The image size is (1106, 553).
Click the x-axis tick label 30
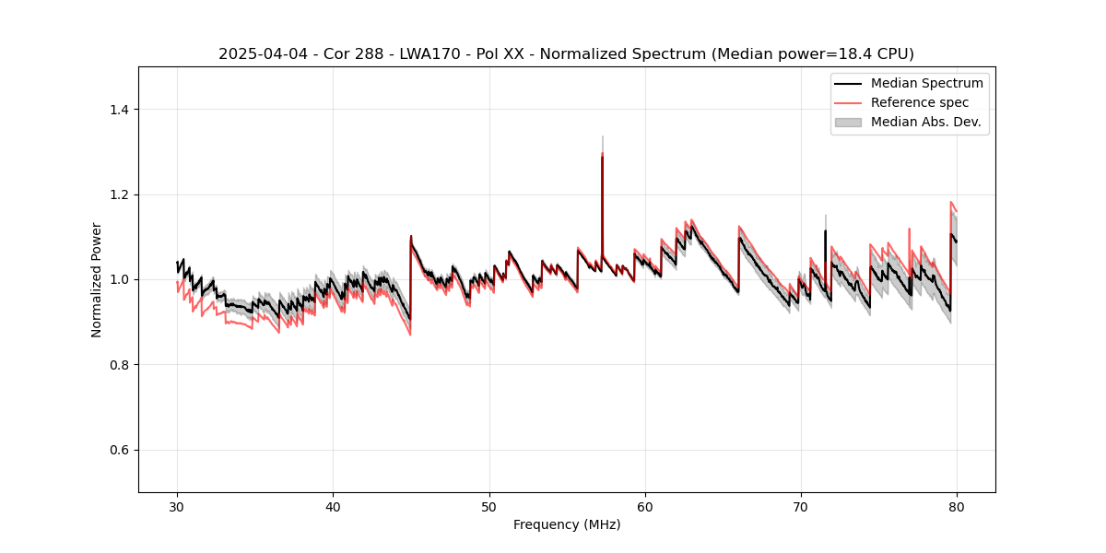click(x=177, y=507)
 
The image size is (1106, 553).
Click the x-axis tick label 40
click(x=333, y=507)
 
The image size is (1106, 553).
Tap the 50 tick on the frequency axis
click(x=488, y=507)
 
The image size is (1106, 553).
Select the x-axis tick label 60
click(x=645, y=507)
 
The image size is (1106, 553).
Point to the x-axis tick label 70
click(x=801, y=507)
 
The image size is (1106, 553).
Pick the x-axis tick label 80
click(x=957, y=507)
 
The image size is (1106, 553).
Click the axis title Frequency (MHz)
click(x=567, y=525)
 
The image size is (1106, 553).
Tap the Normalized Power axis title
click(x=97, y=279)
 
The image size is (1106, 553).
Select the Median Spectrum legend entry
click(x=926, y=83)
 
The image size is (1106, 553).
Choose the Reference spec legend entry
click(x=920, y=102)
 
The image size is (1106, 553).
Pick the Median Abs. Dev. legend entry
click(x=925, y=122)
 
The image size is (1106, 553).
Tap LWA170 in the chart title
click(x=431, y=54)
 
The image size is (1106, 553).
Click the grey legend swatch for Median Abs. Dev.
click(x=848, y=122)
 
